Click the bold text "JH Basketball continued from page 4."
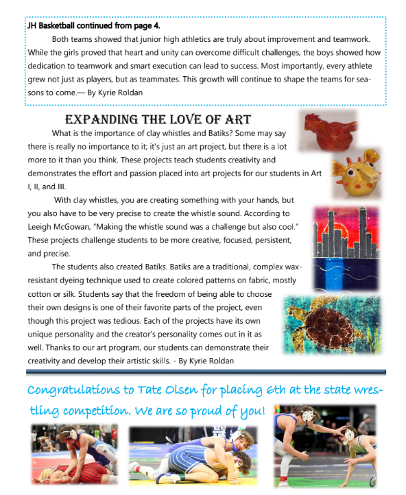pyautogui.click(x=92, y=27)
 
